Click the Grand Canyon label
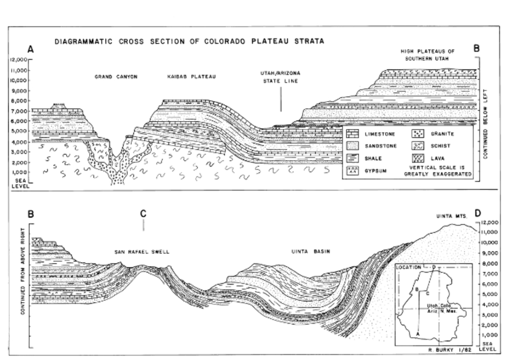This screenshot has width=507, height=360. (x=116, y=77)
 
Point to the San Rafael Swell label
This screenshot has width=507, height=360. (x=141, y=252)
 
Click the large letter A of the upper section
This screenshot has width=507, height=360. (x=30, y=50)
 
